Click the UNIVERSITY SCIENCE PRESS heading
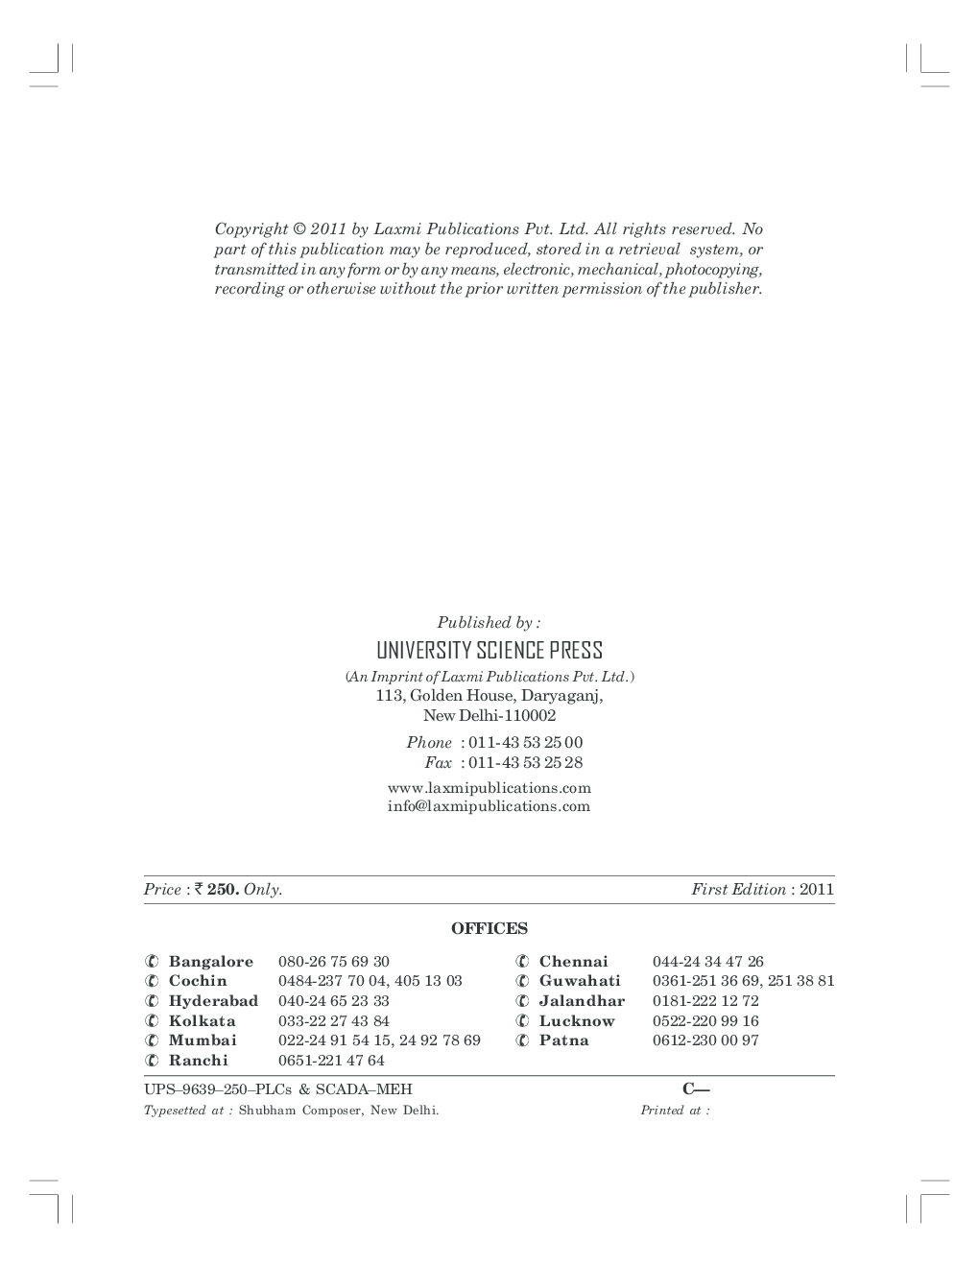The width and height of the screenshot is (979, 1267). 489,651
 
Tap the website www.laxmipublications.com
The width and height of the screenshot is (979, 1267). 489,788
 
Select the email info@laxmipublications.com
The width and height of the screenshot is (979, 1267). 489,806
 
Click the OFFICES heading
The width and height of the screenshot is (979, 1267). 489,928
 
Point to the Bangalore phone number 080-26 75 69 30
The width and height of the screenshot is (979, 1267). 333,962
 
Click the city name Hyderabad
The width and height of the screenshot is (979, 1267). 213,1001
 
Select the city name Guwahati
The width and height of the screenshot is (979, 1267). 580,981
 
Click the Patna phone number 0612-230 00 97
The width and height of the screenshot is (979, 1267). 705,1040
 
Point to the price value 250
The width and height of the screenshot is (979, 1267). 223,890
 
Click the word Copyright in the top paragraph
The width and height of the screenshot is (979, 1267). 251,229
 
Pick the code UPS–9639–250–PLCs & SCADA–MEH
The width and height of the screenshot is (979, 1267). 277,1089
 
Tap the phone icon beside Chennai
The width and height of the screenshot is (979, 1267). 521,962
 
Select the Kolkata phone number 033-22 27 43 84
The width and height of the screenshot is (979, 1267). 333,1021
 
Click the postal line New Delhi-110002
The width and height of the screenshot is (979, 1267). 489,716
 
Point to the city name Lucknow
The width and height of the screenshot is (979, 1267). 576,1021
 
